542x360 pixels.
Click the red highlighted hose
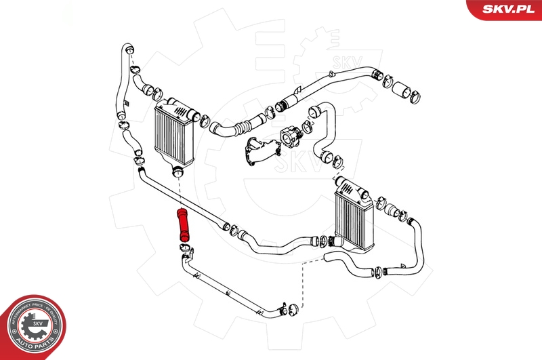[183, 224]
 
